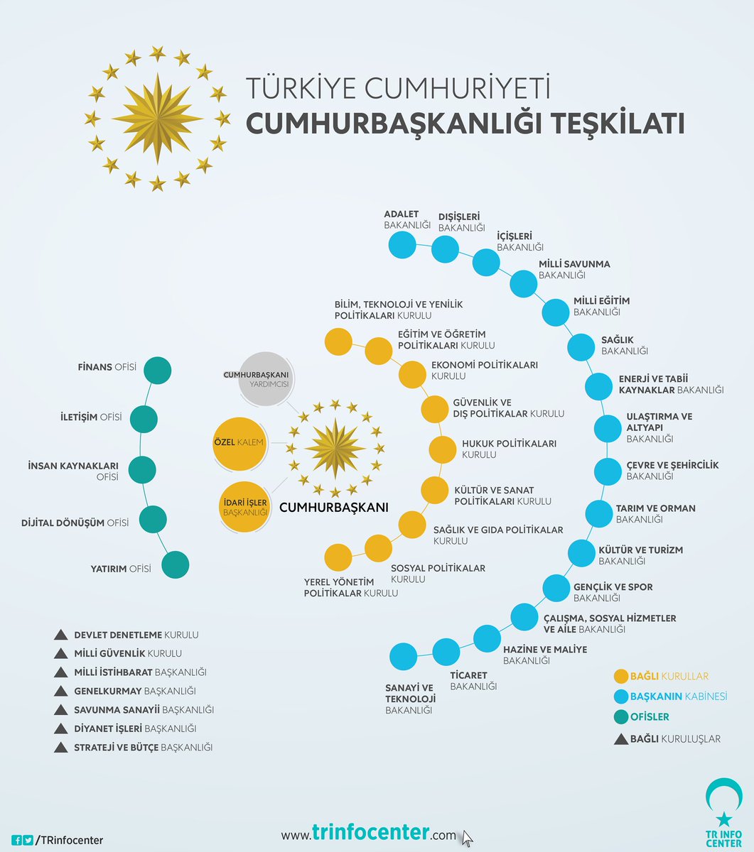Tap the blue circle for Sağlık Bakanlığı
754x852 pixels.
click(x=581, y=347)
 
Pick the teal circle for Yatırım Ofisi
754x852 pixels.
click(x=176, y=565)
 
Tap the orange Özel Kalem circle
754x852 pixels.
click(x=239, y=444)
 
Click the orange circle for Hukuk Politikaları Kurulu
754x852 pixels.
click(x=442, y=449)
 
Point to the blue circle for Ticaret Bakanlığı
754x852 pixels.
click(x=446, y=651)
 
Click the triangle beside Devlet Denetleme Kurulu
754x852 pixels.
click(x=61, y=635)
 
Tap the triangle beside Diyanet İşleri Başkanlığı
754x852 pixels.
click(x=61, y=728)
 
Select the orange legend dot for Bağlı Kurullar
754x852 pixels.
click(x=620, y=676)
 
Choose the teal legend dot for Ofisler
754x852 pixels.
click(x=620, y=716)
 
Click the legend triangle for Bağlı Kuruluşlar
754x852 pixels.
click(x=620, y=738)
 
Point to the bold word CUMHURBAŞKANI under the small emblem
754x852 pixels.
click(x=333, y=508)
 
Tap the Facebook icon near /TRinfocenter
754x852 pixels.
click(x=16, y=840)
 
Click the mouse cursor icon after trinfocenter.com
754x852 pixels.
click(x=466, y=838)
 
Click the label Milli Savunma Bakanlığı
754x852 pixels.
click(x=573, y=269)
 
